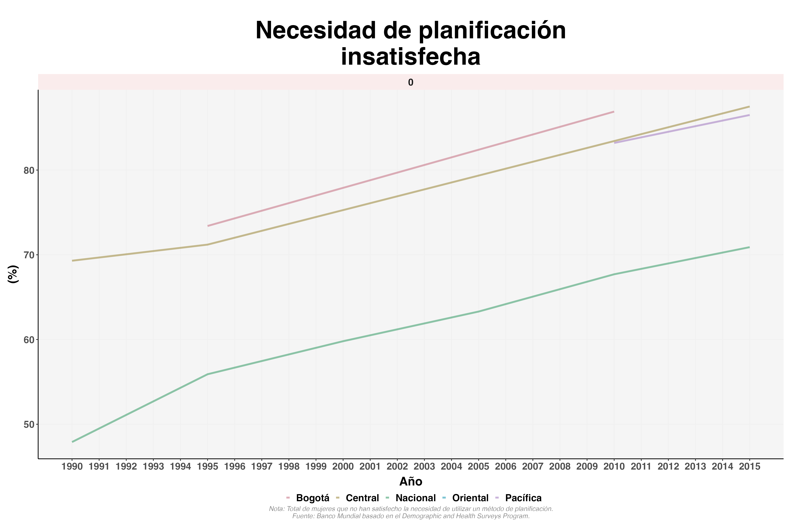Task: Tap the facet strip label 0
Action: pos(411,83)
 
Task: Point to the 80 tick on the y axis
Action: pos(29,170)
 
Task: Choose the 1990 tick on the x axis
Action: pos(72,467)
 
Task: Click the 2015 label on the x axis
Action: pos(749,467)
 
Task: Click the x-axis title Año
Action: pos(411,482)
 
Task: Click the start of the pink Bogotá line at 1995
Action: pos(208,226)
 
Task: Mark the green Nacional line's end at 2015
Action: pos(749,248)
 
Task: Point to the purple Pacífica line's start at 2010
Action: pos(614,143)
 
